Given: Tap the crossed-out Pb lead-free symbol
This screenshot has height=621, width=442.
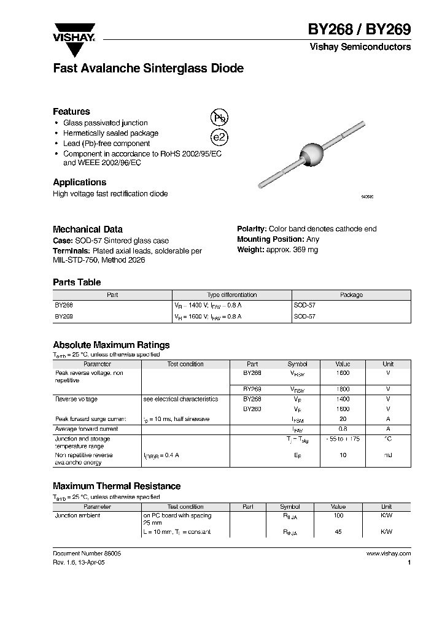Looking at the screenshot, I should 219,119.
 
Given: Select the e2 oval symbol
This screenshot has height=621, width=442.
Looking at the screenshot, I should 219,138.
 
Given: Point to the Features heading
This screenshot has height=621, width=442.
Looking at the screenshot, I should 71,112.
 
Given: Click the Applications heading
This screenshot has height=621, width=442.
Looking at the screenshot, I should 79,182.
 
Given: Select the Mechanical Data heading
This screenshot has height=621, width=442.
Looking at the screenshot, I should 88,229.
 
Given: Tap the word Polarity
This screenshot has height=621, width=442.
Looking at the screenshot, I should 252,229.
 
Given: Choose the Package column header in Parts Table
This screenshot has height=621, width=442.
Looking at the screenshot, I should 351,295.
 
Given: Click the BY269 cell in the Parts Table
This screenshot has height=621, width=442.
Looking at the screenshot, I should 64,316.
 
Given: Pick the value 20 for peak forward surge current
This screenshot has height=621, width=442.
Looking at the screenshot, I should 343,419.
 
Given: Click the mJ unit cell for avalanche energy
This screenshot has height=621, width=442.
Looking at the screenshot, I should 388,455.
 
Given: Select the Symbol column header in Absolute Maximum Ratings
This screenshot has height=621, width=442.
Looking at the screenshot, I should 297,364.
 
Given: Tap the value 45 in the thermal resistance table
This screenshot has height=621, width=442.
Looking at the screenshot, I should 338,532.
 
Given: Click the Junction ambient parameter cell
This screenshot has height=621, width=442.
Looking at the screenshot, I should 78,515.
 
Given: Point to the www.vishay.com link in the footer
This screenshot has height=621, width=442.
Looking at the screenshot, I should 388,553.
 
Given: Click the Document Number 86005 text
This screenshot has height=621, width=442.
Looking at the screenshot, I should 87,553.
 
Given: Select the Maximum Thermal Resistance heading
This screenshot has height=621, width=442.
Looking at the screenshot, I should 117,486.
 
